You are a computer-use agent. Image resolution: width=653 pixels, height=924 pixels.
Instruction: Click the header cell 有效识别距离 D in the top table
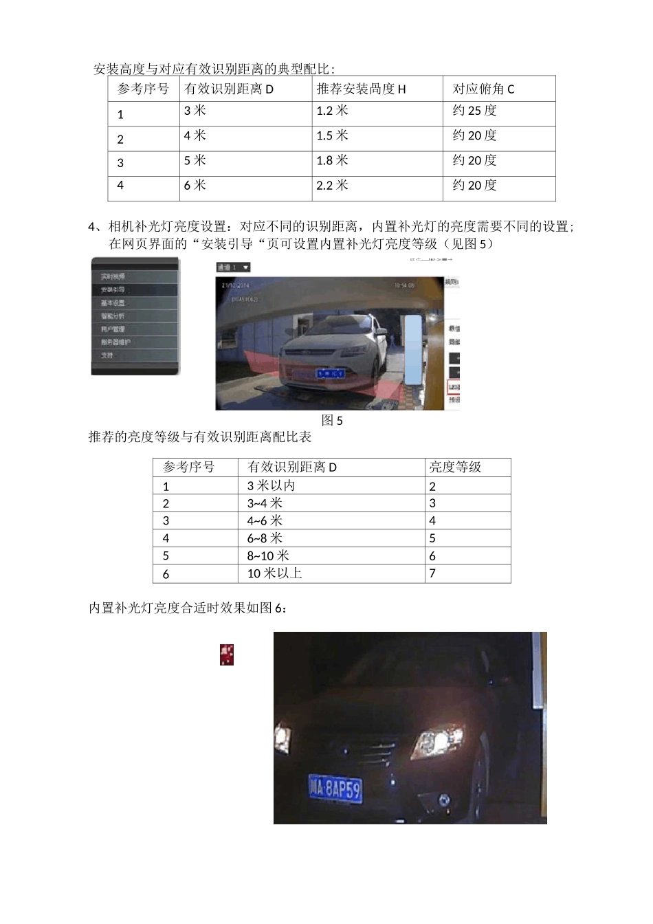(229, 89)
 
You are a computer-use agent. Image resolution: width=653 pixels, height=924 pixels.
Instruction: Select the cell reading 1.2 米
(332, 111)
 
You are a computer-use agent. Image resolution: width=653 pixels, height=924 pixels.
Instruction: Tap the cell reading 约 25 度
(474, 111)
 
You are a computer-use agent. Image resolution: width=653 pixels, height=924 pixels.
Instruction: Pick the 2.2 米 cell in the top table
(332, 185)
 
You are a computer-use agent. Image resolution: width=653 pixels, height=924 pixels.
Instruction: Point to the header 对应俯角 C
(483, 89)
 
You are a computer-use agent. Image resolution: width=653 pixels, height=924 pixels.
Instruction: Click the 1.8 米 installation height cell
(332, 160)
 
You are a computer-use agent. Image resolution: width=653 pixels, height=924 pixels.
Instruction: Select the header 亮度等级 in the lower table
(455, 467)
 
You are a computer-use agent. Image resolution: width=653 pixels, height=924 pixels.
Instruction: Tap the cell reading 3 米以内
(271, 485)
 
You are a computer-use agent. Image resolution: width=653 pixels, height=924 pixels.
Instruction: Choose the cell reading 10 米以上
(274, 573)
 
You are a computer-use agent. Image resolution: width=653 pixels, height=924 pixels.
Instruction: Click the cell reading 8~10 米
(268, 555)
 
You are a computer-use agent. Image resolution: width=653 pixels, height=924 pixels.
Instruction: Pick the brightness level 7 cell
(432, 573)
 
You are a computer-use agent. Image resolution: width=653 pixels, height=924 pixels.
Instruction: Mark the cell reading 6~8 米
(265, 538)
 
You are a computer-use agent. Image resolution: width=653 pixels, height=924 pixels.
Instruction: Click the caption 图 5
(332, 421)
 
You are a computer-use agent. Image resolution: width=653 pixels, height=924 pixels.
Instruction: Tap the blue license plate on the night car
(335, 789)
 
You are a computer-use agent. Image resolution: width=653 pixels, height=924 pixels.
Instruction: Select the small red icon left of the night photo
(227, 654)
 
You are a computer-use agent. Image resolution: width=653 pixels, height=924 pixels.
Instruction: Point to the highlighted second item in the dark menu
(135, 290)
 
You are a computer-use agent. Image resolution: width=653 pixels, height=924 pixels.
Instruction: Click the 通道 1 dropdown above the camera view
(234, 267)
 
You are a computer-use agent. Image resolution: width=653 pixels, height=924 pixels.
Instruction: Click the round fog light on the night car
(443, 798)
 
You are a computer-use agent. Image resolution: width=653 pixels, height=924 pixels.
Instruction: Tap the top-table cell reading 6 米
(195, 185)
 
